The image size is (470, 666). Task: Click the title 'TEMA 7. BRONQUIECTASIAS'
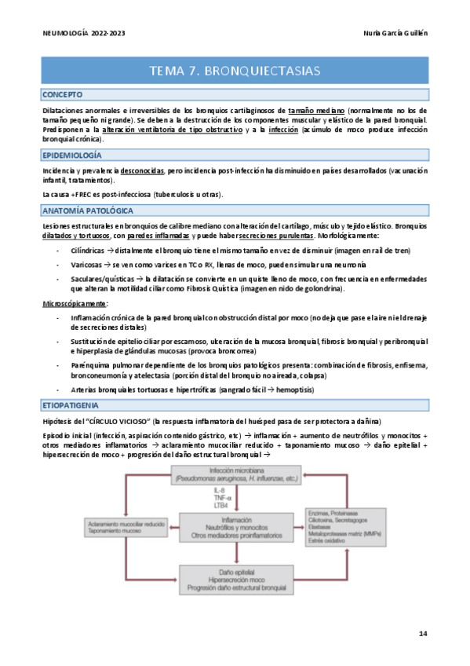[x=235, y=71]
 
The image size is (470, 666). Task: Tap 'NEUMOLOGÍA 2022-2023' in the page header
[x=83, y=34]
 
